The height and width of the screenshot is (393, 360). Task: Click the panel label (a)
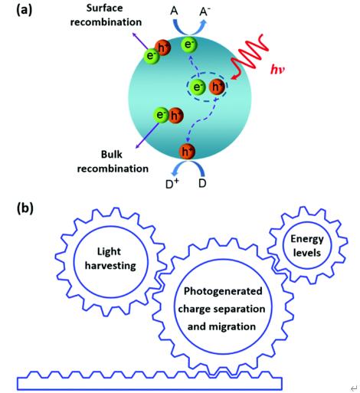(x=25, y=11)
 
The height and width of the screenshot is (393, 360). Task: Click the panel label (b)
(x=25, y=208)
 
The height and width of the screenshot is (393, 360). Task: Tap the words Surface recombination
(x=106, y=15)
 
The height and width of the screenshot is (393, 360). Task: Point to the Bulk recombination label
(x=113, y=162)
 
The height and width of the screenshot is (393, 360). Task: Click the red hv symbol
(x=277, y=69)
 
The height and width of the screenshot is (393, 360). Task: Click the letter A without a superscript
(x=174, y=11)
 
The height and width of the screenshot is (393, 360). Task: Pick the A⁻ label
(x=205, y=11)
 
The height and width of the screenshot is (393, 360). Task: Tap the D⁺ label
(x=172, y=184)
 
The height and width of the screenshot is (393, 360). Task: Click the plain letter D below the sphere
(x=202, y=183)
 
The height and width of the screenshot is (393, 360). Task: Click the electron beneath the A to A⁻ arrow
(x=189, y=44)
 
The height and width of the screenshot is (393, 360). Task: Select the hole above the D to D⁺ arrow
(x=187, y=152)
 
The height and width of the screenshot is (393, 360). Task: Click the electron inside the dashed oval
(x=197, y=87)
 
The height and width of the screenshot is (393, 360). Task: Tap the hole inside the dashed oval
(x=217, y=87)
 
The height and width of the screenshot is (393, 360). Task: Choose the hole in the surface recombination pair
(x=162, y=47)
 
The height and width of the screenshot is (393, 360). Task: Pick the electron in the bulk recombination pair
(x=161, y=115)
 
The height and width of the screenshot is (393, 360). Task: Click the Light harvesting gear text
(x=110, y=259)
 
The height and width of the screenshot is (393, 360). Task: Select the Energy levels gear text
(x=307, y=246)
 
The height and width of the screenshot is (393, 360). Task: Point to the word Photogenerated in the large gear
(x=223, y=291)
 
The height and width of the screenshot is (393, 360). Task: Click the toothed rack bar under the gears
(x=149, y=381)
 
